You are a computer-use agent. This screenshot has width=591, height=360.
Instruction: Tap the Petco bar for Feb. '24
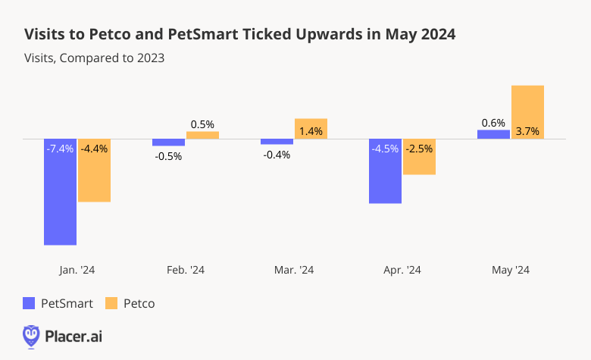click(202, 136)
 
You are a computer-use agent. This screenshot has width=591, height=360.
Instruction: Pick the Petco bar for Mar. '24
click(311, 129)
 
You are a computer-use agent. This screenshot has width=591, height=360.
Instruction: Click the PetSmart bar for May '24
click(493, 135)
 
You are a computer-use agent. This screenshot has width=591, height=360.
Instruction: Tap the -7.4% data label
click(61, 149)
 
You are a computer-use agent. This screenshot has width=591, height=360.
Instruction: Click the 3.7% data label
click(527, 131)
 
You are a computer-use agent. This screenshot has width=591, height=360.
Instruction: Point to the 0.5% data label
click(202, 124)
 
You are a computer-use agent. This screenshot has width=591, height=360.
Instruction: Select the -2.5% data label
click(419, 149)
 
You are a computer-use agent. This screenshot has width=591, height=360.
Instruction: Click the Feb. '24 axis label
click(185, 269)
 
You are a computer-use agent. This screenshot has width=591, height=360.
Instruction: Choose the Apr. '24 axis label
click(402, 269)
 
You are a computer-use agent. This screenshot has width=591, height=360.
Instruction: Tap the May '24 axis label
click(511, 269)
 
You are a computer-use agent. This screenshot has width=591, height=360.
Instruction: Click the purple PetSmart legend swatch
click(30, 303)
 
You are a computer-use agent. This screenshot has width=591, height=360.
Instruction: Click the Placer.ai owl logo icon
click(31, 334)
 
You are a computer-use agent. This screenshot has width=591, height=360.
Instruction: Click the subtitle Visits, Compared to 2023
click(95, 57)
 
